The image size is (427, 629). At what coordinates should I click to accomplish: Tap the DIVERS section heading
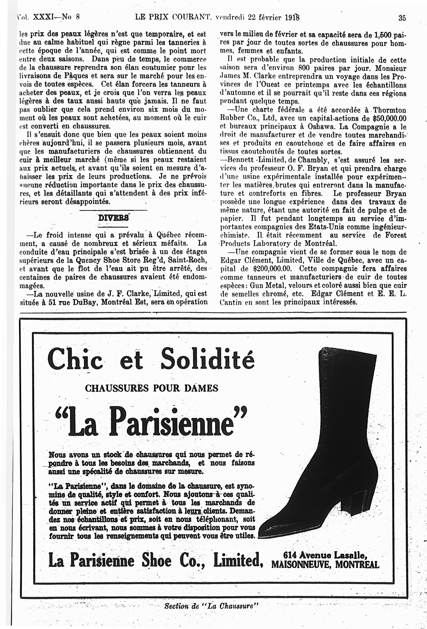tap(113, 218)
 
